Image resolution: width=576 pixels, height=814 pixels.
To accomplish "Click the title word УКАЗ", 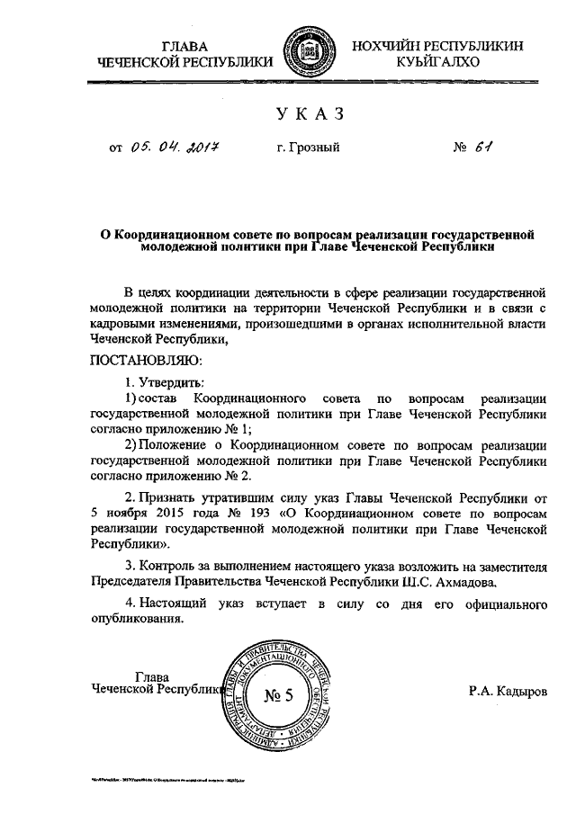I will click(x=309, y=115).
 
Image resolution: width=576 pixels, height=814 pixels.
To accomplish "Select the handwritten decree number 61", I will click(x=487, y=147).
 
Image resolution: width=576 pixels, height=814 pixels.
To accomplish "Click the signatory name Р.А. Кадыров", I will click(x=507, y=693).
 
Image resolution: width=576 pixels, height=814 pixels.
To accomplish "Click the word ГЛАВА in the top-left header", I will click(x=184, y=46).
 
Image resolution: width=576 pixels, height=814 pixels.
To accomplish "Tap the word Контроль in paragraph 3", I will click(x=171, y=566).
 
